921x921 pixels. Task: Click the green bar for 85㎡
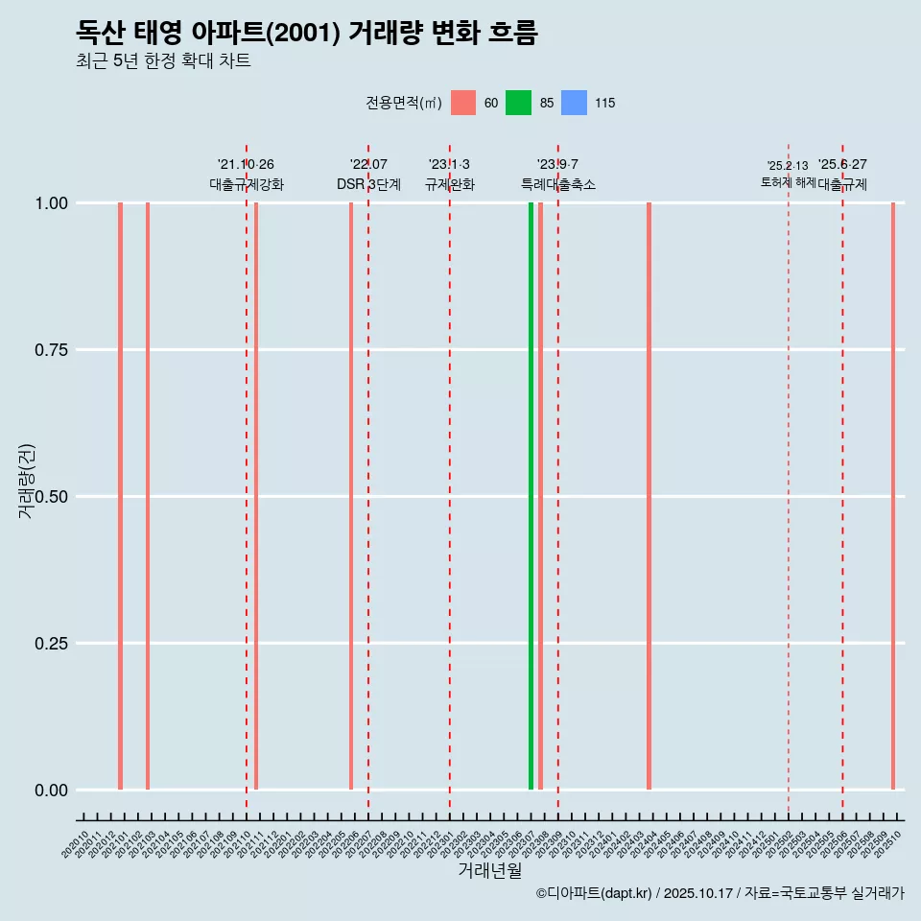(x=531, y=496)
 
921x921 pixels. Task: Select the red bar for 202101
(x=120, y=496)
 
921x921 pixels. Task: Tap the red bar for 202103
(x=148, y=496)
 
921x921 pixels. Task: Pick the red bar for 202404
(x=649, y=496)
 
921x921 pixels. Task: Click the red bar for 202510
(x=892, y=496)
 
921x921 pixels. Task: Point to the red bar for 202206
(x=351, y=496)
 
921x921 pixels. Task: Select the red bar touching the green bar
(x=540, y=496)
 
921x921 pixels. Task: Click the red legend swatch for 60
(x=463, y=103)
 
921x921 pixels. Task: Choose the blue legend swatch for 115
(x=573, y=103)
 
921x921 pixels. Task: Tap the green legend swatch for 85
(x=518, y=103)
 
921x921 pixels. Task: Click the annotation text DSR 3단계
(x=368, y=184)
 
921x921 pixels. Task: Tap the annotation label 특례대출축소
(x=558, y=184)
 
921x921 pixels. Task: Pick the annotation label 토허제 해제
(x=788, y=181)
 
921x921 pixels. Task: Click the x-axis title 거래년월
(x=489, y=871)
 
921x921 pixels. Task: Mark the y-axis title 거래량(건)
(x=27, y=481)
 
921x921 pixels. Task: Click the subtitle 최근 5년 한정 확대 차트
(x=163, y=61)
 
